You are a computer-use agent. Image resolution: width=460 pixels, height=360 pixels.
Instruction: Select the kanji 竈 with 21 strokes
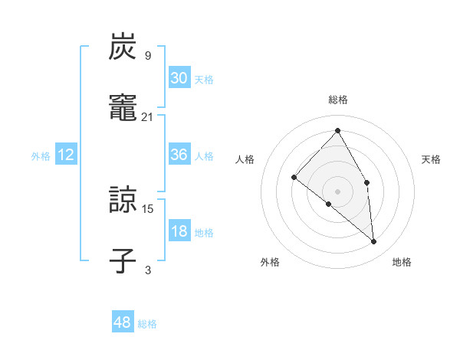pyautogui.click(x=123, y=109)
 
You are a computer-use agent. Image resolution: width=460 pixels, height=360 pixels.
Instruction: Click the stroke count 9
pyautogui.click(x=148, y=55)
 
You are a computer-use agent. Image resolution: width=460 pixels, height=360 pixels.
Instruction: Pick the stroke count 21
pyautogui.click(x=148, y=116)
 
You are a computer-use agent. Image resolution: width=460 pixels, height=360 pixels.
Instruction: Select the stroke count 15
pyautogui.click(x=148, y=208)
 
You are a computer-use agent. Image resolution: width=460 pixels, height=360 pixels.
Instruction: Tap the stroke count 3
pyautogui.click(x=148, y=270)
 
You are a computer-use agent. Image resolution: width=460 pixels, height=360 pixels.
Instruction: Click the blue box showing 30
pyautogui.click(x=179, y=77)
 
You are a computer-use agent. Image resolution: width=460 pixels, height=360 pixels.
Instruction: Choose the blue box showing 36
pyautogui.click(x=179, y=155)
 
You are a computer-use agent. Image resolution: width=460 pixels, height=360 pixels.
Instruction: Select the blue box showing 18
pyautogui.click(x=179, y=231)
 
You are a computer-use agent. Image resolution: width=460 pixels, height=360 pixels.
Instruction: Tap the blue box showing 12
pyautogui.click(x=66, y=155)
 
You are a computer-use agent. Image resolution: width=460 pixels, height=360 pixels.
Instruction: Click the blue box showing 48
pyautogui.click(x=123, y=322)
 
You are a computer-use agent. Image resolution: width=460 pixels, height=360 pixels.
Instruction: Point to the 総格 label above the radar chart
pyautogui.click(x=338, y=100)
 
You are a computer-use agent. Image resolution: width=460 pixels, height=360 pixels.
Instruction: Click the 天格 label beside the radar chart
pyautogui.click(x=431, y=159)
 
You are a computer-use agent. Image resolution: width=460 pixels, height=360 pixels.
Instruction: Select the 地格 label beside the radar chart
pyautogui.click(x=402, y=262)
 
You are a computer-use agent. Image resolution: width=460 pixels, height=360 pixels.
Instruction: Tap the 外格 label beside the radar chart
pyautogui.click(x=270, y=262)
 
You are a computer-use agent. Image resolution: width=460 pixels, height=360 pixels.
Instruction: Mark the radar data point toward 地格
pyautogui.click(x=374, y=241)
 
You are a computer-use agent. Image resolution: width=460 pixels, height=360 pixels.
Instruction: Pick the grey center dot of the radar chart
pyautogui.click(x=338, y=191)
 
